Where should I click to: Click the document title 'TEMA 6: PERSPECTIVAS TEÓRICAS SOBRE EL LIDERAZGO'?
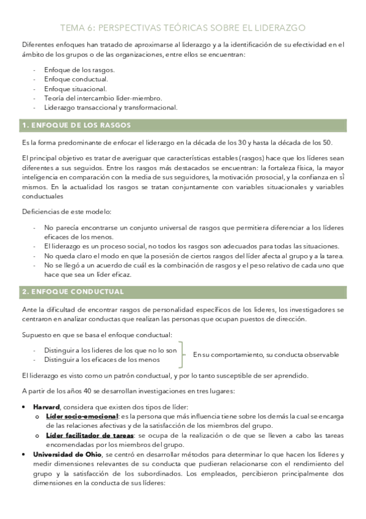point(183,28)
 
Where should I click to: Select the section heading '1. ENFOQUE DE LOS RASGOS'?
point(76,125)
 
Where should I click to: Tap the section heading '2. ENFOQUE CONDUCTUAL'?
point(73,291)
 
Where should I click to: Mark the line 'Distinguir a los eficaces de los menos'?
point(102,360)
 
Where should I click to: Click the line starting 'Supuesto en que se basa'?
point(97,335)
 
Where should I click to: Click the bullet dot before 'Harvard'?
point(24,407)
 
